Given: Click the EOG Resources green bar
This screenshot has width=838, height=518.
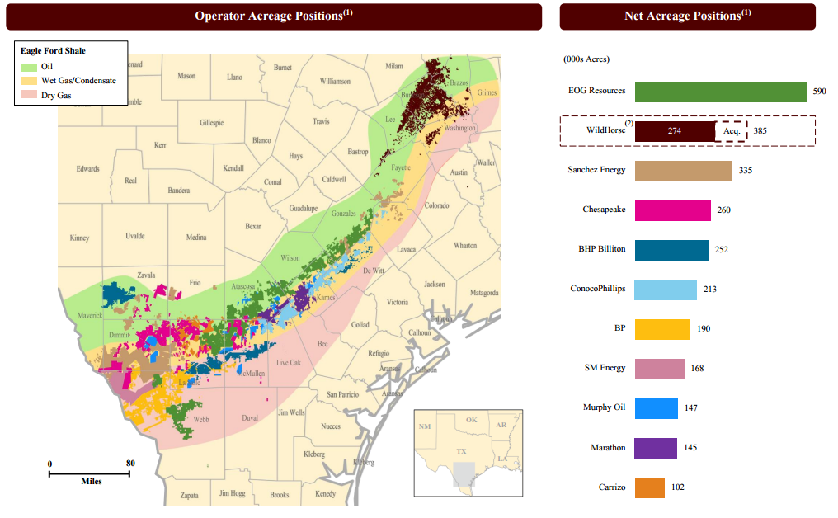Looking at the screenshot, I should click(x=720, y=92).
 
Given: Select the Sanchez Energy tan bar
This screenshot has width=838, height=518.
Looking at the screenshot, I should click(x=684, y=171).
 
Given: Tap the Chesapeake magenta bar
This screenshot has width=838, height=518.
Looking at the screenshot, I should click(x=673, y=210).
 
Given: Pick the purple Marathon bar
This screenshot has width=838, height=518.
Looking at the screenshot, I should click(x=656, y=448).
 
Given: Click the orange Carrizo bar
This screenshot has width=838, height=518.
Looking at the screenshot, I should click(x=650, y=487).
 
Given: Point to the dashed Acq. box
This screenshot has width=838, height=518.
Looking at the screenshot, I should click(x=731, y=131).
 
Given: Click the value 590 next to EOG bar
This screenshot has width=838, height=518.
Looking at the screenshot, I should click(x=819, y=92).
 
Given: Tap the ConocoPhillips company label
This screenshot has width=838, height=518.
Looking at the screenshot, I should click(x=598, y=289).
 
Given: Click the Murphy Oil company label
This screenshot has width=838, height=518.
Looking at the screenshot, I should click(x=604, y=407).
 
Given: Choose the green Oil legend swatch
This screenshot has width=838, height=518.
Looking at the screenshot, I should click(x=29, y=66).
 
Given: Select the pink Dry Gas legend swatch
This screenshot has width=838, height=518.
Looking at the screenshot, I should click(x=29, y=96).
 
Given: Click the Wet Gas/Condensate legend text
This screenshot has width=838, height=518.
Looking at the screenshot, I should click(x=78, y=81).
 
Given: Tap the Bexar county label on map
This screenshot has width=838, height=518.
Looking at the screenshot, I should click(x=253, y=225).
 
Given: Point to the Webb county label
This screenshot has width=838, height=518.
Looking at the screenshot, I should click(x=201, y=419).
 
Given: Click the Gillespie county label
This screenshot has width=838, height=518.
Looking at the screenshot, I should click(x=211, y=123).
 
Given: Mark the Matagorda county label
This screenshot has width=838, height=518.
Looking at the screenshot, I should click(x=484, y=293).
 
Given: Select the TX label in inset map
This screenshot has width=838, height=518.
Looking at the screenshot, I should click(x=461, y=452).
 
